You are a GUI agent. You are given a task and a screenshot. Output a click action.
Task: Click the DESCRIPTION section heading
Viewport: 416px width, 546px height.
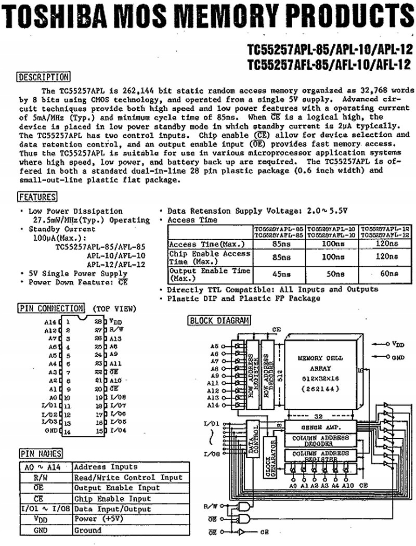click(x=44, y=77)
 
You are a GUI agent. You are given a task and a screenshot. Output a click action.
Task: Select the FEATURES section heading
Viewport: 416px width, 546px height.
click(x=38, y=197)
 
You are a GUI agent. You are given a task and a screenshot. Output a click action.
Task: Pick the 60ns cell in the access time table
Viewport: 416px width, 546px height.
click(x=386, y=274)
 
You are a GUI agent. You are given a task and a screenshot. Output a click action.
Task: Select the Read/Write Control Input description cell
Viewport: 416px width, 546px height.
click(x=128, y=477)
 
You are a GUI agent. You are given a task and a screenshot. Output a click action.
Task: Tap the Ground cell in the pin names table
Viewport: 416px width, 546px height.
click(x=88, y=530)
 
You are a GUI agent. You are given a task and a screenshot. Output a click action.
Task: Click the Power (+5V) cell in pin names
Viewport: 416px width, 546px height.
click(x=96, y=519)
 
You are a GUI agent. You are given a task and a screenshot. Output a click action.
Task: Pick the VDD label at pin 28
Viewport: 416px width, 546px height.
click(x=115, y=322)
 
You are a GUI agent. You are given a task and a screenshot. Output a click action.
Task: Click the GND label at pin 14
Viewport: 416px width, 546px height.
click(x=51, y=431)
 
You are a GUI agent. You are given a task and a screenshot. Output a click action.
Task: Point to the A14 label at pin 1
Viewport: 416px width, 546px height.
click(x=50, y=322)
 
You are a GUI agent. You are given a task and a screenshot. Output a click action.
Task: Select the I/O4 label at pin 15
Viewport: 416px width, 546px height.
click(x=118, y=431)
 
